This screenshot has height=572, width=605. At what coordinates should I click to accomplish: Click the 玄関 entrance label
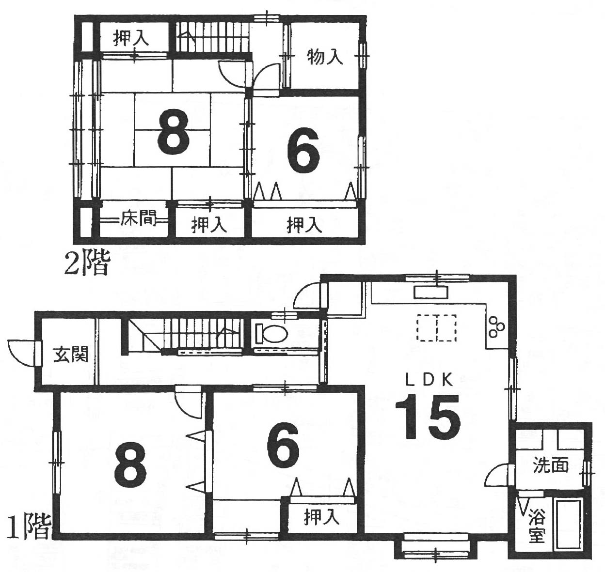click(71, 354)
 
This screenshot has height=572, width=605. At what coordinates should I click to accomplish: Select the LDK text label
click(429, 380)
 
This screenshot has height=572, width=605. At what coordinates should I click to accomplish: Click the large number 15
click(428, 417)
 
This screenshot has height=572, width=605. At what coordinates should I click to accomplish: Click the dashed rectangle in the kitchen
click(436, 328)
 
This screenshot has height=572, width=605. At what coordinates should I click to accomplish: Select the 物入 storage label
click(325, 58)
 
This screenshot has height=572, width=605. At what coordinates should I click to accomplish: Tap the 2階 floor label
click(87, 264)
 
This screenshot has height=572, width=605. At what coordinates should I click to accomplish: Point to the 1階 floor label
click(28, 527)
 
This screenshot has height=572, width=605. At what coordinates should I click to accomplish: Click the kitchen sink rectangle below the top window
click(431, 292)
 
